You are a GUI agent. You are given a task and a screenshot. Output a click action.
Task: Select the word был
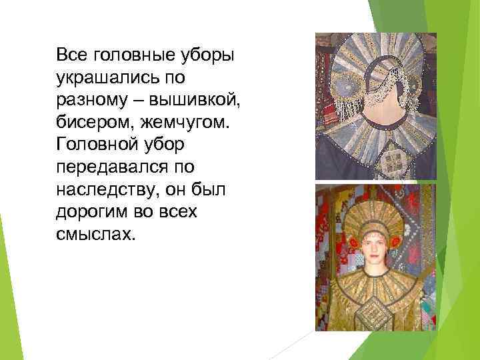pyautogui.click(x=212, y=190)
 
